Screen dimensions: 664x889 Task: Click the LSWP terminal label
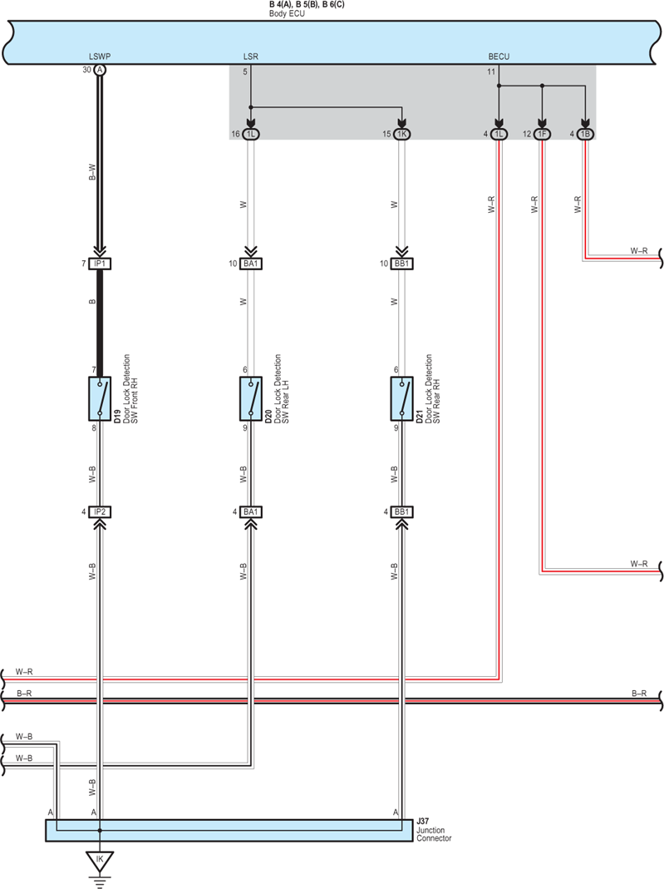100,57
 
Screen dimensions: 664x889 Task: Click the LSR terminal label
250,57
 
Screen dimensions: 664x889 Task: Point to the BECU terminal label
499,57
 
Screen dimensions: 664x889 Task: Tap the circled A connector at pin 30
100,70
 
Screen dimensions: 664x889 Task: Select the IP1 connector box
100,264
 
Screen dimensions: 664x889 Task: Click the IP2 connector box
100,512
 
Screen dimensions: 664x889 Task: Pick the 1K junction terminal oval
401,135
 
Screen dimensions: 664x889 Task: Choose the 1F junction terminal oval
542,135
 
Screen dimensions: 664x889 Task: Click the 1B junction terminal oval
585,135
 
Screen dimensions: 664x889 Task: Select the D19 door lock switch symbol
100,398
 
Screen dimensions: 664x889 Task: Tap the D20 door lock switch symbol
250,398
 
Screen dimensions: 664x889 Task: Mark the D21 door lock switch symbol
401,398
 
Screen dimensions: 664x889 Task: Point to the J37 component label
423,821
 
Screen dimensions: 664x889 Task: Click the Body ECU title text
287,13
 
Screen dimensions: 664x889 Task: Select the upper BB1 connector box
401,264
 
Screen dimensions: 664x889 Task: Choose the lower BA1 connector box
250,512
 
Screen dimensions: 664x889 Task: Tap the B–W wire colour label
92,172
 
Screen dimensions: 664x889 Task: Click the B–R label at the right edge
639,694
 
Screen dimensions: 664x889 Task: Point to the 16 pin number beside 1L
235,135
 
